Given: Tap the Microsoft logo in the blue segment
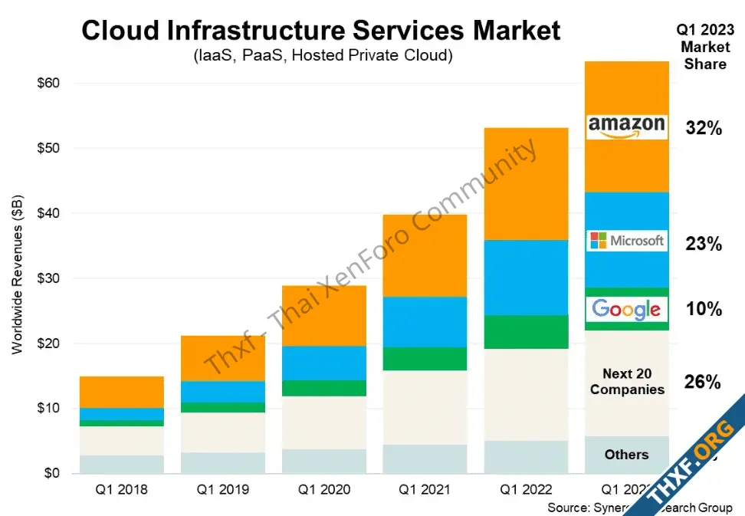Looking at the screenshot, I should click(x=626, y=241).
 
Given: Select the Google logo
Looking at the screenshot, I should click(x=626, y=309).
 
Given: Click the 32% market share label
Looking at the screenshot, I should click(x=704, y=129).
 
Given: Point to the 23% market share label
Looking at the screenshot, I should click(x=704, y=245).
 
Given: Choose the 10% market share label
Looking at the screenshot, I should click(x=704, y=310).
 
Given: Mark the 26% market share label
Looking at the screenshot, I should click(x=704, y=382).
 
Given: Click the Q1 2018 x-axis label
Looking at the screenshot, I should click(x=122, y=489).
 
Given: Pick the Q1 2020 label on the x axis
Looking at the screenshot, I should click(x=323, y=489).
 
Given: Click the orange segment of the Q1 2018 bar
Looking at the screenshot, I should click(x=122, y=392).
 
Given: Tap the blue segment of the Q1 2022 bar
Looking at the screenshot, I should click(x=526, y=278).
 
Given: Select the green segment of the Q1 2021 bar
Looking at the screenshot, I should click(x=425, y=359).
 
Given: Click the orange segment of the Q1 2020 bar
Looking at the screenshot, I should click(x=323, y=316).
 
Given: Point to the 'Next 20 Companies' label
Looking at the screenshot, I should click(x=627, y=382).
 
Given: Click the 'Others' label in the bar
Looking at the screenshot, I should click(x=626, y=455).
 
